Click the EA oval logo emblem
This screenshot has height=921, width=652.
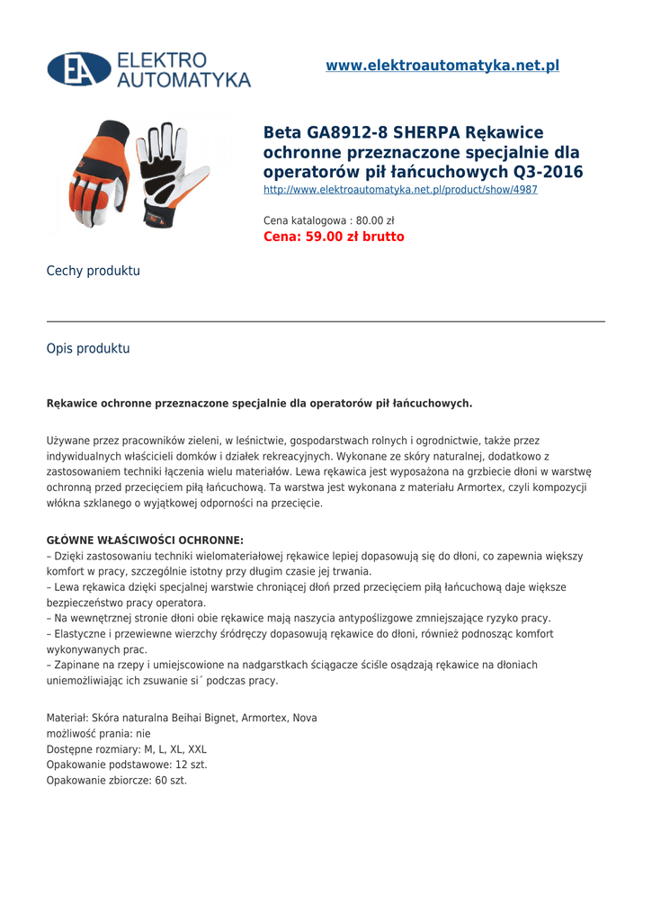pos(79,69)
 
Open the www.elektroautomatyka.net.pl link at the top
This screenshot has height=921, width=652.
pos(442,66)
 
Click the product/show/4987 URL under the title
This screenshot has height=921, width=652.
pos(400,190)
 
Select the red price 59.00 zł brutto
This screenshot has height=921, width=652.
pos(334,237)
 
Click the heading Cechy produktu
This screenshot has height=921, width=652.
pos(94,271)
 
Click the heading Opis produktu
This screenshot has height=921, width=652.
pos(88,348)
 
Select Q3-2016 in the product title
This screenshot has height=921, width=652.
pos(548,172)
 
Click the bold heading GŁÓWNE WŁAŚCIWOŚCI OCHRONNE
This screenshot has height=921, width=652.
pos(145,541)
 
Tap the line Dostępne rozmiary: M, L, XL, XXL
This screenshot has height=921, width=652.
pos(127,749)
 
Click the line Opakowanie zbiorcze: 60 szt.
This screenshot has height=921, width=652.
pos(117,780)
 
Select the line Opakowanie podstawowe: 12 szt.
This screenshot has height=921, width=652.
pos(127,765)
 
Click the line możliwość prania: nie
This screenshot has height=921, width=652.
pos(99,734)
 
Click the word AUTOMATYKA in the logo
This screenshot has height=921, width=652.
pos(184,80)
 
